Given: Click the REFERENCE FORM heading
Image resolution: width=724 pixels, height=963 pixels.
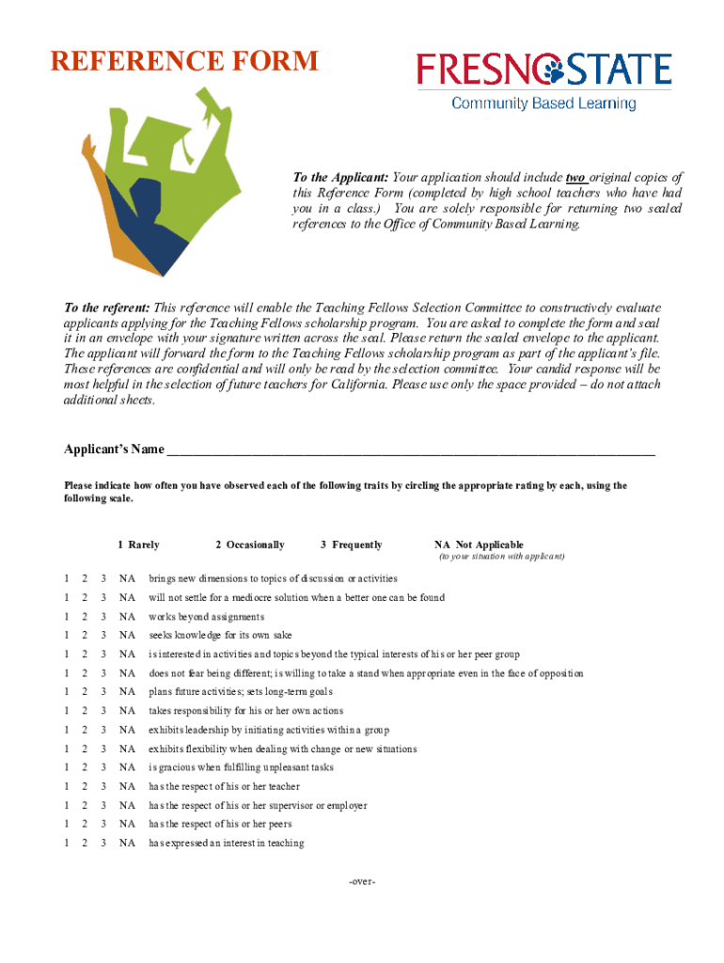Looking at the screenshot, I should coord(184,63).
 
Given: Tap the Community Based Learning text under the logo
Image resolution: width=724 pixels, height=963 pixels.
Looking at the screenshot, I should coord(543,103).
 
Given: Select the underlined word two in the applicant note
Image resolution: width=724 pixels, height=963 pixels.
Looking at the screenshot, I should coord(575,178).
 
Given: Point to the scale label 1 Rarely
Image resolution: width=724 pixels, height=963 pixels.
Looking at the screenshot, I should coord(138,545).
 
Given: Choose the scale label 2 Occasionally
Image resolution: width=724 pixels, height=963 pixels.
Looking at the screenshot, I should coord(249,545).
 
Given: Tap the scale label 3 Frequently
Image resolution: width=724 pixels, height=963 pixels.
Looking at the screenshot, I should coord(351,545).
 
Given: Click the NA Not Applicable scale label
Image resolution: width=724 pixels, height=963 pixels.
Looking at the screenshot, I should coord(479,545).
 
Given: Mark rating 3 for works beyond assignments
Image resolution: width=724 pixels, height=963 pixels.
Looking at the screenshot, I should coord(103,617).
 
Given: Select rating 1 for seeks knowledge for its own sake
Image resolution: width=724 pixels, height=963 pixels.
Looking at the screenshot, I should coord(66,636).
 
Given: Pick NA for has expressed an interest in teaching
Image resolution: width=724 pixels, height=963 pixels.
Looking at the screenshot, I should coord(127,844).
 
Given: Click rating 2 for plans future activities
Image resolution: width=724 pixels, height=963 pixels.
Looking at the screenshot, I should coord(85,692).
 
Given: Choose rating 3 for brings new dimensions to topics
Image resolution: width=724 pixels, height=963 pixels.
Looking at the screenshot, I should coord(103,578).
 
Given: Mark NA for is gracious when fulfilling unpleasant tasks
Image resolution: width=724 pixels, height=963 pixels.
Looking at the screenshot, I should coord(127,767).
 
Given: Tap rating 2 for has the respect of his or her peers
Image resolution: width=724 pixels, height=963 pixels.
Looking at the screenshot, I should coord(85,825).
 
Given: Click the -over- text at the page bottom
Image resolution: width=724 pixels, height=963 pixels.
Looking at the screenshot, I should coord(362,882).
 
